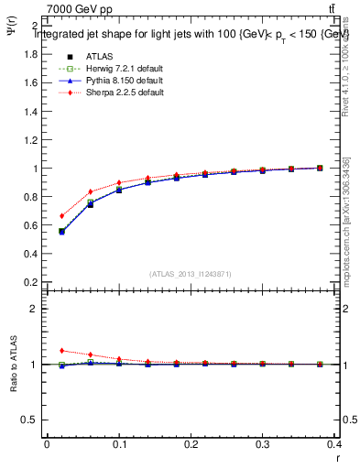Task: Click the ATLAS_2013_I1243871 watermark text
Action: [x=191, y=275]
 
